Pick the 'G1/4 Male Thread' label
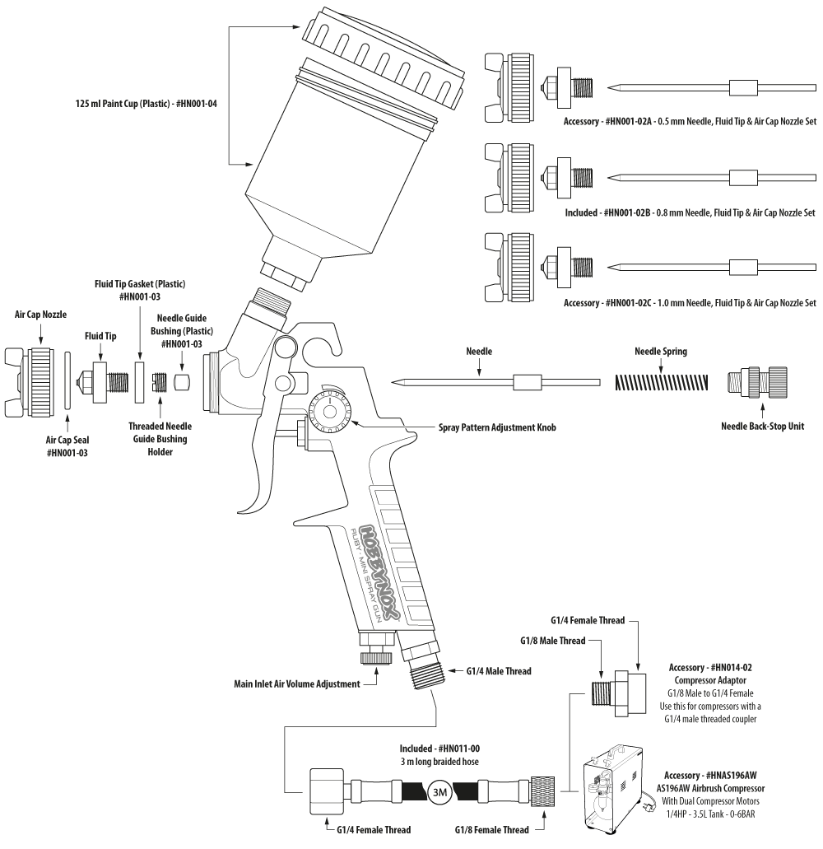[x=499, y=671]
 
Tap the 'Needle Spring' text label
[x=662, y=352]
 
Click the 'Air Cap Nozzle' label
[x=42, y=314]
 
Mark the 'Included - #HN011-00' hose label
[x=439, y=749]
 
